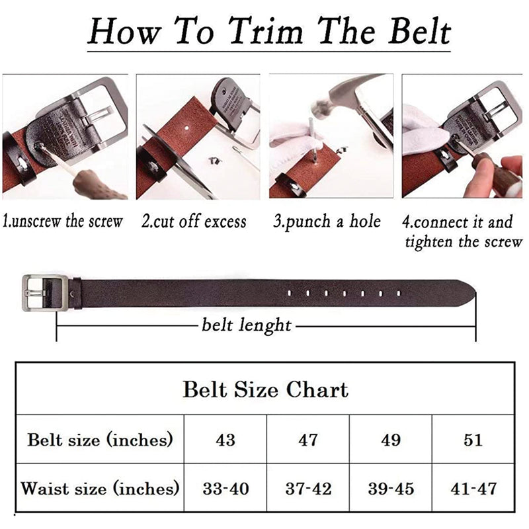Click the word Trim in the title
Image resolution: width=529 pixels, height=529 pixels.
266,32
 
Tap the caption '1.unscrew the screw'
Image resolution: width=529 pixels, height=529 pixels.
63,222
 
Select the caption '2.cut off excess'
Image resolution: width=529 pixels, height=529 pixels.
194,222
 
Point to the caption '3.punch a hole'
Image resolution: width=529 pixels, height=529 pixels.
327,222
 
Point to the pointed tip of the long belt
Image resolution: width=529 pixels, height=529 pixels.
475,292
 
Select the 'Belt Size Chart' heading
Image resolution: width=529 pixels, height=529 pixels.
266,389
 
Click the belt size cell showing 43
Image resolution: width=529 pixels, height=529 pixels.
225,440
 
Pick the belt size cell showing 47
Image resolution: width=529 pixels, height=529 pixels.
308,440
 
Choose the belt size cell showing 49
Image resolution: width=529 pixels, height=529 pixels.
391,440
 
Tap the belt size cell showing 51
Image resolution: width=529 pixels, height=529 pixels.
473,440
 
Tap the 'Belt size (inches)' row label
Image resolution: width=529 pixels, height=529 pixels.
100,440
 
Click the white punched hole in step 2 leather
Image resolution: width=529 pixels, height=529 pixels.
186,128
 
